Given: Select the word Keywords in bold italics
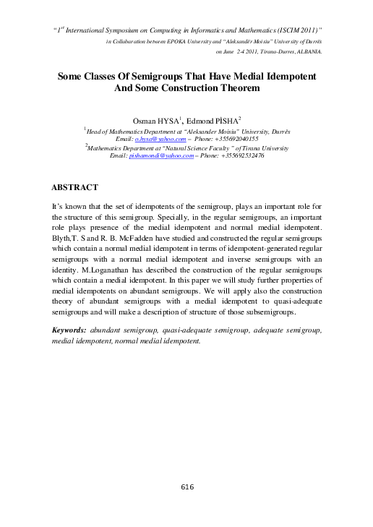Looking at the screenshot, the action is pyautogui.click(x=70, y=329).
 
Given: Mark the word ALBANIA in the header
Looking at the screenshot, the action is pyautogui.click(x=311, y=53).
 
